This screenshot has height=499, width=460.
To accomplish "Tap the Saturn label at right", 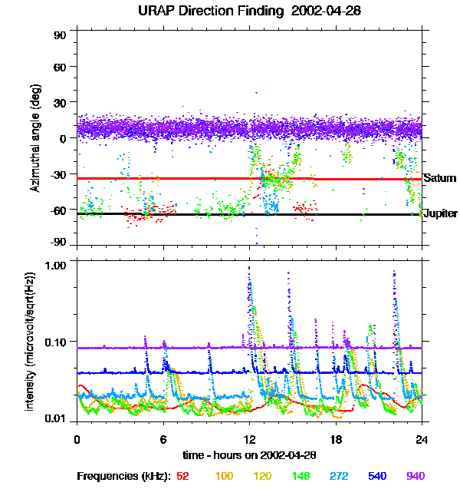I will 440,178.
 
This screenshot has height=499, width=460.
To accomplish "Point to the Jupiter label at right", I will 440,213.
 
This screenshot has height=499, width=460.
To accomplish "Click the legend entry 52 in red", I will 182,476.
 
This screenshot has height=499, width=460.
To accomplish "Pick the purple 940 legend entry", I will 416,476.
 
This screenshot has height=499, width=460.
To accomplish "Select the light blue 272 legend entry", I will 338,476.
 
